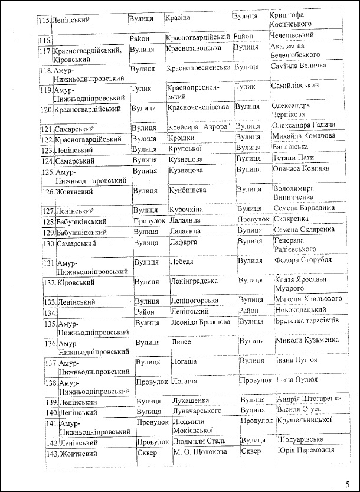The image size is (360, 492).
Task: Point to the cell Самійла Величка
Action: click(x=298, y=65)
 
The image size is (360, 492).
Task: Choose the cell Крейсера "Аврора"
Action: click(x=198, y=126)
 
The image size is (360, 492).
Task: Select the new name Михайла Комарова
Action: click(x=303, y=136)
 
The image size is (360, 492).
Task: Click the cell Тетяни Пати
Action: click(x=293, y=158)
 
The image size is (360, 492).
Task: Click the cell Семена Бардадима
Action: click(x=304, y=208)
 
